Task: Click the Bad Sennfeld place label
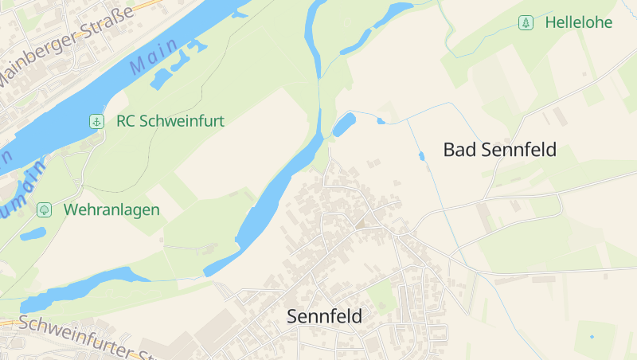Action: tap(499, 150)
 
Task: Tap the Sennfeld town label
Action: tap(324, 317)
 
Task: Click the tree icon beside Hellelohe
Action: tap(526, 22)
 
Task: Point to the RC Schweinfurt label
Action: tap(170, 121)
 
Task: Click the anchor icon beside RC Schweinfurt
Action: tap(96, 121)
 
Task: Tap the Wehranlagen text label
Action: tap(112, 210)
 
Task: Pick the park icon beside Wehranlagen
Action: tap(45, 209)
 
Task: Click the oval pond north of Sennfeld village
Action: tap(344, 124)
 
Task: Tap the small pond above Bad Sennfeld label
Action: tap(421, 155)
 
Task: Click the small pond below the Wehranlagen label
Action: tap(33, 234)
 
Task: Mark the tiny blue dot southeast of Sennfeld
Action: tap(592, 337)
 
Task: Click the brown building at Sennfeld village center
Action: tap(361, 224)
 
